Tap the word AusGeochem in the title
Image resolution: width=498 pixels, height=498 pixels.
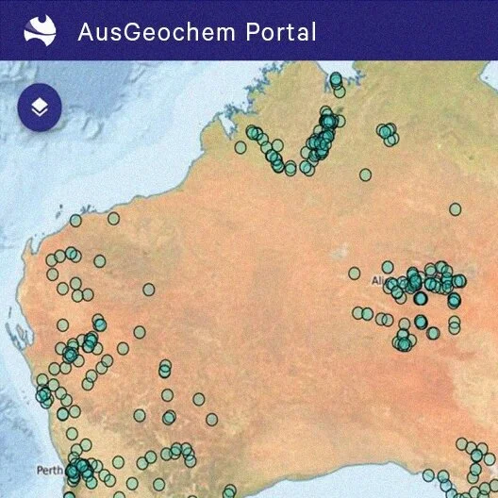pyautogui.click(x=156, y=31)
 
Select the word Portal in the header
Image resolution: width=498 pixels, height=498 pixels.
pyautogui.click(x=281, y=31)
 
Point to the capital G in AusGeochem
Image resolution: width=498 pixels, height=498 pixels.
pyautogui.click(x=127, y=31)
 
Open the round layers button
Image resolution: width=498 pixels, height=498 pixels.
pyautogui.click(x=40, y=107)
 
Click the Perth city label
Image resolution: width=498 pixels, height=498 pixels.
pyautogui.click(x=49, y=470)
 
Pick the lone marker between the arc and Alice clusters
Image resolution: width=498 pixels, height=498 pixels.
pyautogui.click(x=365, y=174)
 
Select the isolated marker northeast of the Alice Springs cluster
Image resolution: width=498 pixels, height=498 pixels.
pyautogui.click(x=455, y=209)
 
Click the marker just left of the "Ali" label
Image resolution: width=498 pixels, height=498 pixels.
pyautogui.click(x=355, y=274)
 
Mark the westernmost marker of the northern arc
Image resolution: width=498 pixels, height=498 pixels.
pyautogui.click(x=241, y=147)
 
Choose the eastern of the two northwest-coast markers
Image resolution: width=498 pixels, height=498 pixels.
pyautogui.click(x=113, y=218)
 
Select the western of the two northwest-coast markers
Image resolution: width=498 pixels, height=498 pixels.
pyautogui.click(x=75, y=221)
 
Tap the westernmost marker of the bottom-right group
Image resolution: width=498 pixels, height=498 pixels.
pyautogui.click(x=429, y=474)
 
